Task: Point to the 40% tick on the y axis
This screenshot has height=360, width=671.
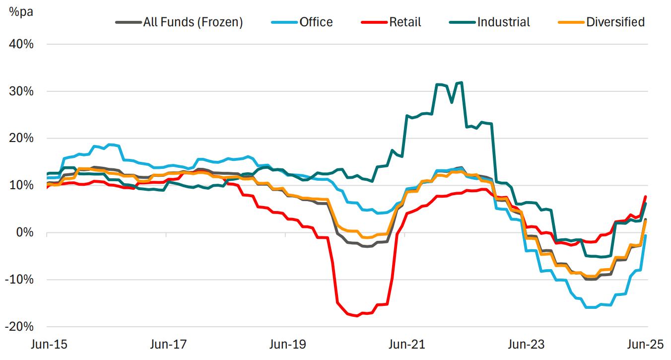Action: click(x=21, y=44)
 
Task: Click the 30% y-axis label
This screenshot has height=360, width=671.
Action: click(x=21, y=91)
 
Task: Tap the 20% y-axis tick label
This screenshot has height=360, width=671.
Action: click(x=21, y=138)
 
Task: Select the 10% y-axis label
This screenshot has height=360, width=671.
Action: click(x=21, y=185)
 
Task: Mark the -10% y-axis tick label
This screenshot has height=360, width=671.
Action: click(x=20, y=280)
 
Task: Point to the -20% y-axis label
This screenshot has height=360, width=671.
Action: click(x=20, y=326)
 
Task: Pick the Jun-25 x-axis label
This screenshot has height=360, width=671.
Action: click(x=645, y=344)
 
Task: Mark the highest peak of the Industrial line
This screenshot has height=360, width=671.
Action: click(x=461, y=82)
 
